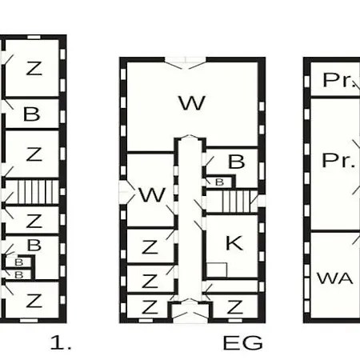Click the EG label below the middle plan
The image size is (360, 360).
(242, 342)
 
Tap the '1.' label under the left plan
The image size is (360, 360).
(61, 342)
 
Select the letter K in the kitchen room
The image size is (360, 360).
(234, 243)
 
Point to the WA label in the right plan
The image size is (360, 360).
(335, 278)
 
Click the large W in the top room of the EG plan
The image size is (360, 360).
(192, 102)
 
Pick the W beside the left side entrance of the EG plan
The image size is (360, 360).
(152, 194)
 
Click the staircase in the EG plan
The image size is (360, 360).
(236, 201)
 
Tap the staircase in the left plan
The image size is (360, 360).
(38, 192)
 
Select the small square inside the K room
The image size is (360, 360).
(217, 270)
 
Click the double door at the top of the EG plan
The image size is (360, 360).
(186, 63)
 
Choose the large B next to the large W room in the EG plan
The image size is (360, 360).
(237, 162)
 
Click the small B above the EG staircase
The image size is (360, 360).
(219, 182)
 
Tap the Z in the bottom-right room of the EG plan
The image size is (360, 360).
(234, 306)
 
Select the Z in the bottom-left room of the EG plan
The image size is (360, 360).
(150, 306)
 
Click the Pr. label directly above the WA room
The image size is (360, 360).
(338, 160)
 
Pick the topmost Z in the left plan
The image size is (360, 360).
(34, 68)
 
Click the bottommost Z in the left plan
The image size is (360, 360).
(34, 301)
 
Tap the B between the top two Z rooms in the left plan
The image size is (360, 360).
(31, 114)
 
